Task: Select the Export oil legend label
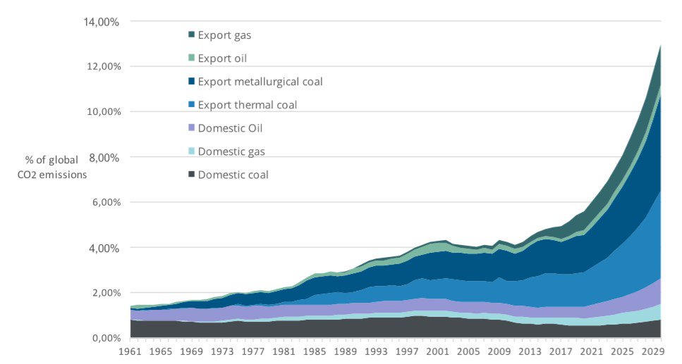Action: tap(222, 58)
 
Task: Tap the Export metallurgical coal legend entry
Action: tap(260, 82)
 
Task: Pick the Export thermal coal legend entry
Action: tap(248, 105)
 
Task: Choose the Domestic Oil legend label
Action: tap(230, 128)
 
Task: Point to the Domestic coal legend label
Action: tap(233, 175)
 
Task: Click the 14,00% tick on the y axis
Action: tap(102, 22)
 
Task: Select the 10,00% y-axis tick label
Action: tap(102, 112)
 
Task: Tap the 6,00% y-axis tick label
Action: tap(104, 203)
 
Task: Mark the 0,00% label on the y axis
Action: tap(104, 339)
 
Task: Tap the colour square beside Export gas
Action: tap(191, 34)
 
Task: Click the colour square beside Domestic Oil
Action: tap(191, 128)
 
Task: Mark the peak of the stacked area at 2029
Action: tap(661, 46)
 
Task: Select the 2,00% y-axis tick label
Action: tap(104, 294)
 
